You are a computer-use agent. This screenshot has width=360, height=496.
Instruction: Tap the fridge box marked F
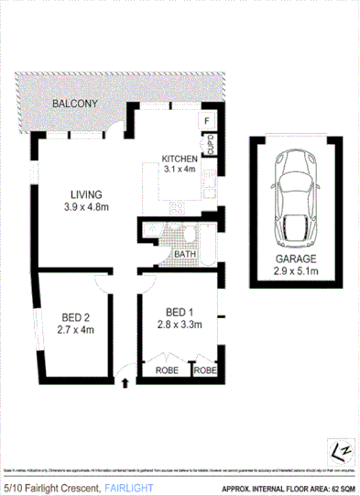pyautogui.click(x=207, y=121)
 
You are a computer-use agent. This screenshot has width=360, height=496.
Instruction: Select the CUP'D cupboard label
pyautogui.click(x=210, y=145)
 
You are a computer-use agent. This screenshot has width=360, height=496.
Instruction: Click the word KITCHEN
pyautogui.click(x=180, y=157)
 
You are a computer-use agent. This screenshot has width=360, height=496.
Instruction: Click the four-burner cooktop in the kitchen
pyautogui.click(x=178, y=207)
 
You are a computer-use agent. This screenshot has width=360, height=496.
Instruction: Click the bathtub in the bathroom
pyautogui.click(x=208, y=239)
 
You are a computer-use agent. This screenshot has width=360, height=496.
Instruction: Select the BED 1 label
pyautogui.click(x=179, y=311)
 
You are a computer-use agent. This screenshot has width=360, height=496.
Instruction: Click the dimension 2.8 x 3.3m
pyautogui.click(x=179, y=324)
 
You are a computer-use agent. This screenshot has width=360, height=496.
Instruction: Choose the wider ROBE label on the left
pyautogui.click(x=166, y=372)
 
